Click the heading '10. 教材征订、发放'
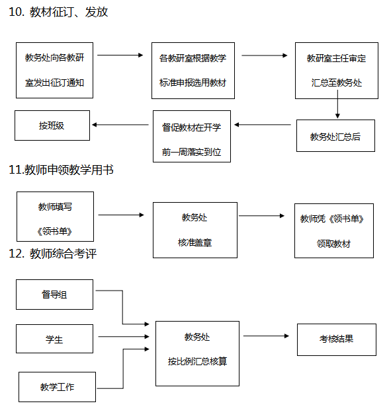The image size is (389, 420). pos(58,12)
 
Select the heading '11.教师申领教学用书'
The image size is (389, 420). pos(61,170)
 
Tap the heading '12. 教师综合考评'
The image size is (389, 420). pos(52,254)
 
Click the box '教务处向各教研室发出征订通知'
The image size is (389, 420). pos(54,70)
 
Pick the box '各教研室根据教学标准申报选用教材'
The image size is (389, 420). pos(193,71)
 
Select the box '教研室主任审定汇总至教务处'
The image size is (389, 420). pos(337,71)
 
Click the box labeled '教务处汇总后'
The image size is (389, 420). pos(335,135)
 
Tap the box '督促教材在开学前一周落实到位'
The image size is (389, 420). pos(192,136)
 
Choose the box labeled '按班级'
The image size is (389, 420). pos(52,125)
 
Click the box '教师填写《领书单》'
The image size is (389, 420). pos(56,217)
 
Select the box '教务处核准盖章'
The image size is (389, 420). pos(195,230)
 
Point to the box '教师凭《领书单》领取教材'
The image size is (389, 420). pos(334,230)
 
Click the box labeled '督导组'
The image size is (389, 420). pos(54,295)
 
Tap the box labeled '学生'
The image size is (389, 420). pos(54,339)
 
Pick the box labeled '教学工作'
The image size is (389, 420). pos(57,387)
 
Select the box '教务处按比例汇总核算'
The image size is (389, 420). pos(197,353)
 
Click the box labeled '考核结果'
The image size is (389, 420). pos(337,339)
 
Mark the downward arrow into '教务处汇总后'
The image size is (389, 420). pos(337,104)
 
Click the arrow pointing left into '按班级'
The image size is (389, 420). pos(120,125)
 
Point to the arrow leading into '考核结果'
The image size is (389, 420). pos(266,336)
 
